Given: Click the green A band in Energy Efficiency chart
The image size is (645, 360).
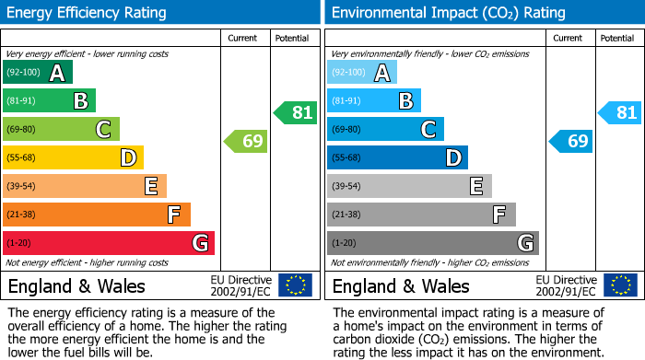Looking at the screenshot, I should pyautogui.click(x=38, y=73).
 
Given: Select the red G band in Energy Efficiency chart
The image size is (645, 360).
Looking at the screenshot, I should pyautogui.click(x=109, y=243).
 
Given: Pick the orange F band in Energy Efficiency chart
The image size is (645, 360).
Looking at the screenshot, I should pyautogui.click(x=97, y=215).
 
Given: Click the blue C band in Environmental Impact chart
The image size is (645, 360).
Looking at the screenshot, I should pyautogui.click(x=385, y=130).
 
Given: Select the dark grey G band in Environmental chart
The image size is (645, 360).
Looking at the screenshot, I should pyautogui.click(x=432, y=243).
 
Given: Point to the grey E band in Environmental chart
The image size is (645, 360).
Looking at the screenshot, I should pyautogui.click(x=409, y=187).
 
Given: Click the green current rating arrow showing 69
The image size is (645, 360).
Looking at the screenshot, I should pyautogui.click(x=246, y=142).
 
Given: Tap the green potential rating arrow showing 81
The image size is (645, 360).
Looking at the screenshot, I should pyautogui.click(x=295, y=113).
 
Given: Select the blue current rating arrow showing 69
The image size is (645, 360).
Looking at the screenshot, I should pyautogui.click(x=570, y=142).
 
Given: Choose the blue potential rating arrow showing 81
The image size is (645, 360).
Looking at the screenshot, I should pyautogui.click(x=619, y=113).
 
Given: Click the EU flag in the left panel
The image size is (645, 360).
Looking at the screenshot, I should pyautogui.click(x=295, y=285).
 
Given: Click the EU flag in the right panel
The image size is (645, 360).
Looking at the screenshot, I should pyautogui.click(x=619, y=285).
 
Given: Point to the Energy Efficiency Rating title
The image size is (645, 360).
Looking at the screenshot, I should pyautogui.click(x=88, y=13).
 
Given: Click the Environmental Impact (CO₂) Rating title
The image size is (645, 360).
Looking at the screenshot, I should pyautogui.click(x=449, y=13).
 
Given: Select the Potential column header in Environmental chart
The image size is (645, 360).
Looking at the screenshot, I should pyautogui.click(x=617, y=38).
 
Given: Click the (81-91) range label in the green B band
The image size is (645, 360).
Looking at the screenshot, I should pyautogui.click(x=22, y=101).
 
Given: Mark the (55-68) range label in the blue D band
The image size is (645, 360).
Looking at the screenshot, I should pyautogui.click(x=346, y=158).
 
